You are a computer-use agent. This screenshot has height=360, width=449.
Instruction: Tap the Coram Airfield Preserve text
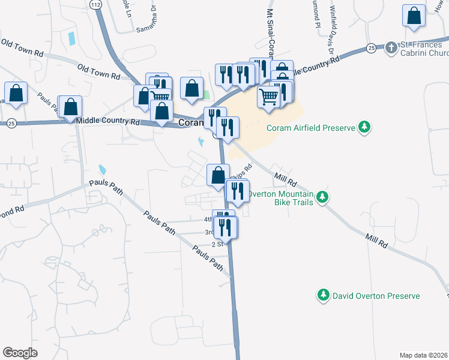(312, 127)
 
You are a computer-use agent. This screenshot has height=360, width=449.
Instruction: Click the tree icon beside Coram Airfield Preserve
(363, 127)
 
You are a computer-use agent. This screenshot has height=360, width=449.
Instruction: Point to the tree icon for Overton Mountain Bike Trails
(322, 197)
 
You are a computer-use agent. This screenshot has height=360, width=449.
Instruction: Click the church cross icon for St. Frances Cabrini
(391, 47)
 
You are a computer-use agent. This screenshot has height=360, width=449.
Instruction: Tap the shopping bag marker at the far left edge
(16, 93)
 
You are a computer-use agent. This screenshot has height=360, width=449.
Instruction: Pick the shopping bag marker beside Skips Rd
(218, 175)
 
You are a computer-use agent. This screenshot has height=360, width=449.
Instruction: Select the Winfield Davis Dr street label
(330, 28)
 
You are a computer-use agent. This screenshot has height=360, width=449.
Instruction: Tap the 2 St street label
(217, 244)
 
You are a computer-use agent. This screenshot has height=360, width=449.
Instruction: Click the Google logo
(20, 353)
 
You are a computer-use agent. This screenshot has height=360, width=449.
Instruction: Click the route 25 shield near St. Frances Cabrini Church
(372, 47)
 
